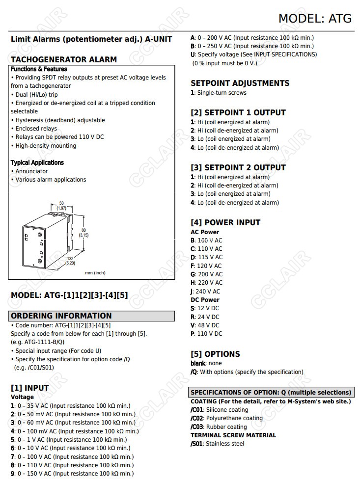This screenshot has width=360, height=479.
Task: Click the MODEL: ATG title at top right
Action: click(315, 18)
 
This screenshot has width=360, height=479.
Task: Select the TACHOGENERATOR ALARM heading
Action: click(64, 59)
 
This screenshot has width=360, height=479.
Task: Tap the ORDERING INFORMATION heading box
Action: click(91, 316)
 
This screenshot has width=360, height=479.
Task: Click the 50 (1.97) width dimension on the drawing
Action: click(61, 206)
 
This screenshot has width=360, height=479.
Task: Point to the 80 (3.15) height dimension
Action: click(84, 232)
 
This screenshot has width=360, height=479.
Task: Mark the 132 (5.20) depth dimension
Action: click(70, 261)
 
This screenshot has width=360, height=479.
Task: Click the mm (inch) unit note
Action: click(95, 273)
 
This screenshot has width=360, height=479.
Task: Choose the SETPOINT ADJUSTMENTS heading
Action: click(240, 83)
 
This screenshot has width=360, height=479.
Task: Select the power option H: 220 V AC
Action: click(206, 283)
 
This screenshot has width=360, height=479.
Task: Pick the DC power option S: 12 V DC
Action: click(205, 308)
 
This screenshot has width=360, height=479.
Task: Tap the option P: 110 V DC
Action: click(206, 334)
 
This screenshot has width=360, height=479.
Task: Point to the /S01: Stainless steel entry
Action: click(217, 444)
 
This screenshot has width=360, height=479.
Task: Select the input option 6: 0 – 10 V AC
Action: click(71, 448)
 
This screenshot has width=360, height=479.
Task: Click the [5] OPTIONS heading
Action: click(215, 354)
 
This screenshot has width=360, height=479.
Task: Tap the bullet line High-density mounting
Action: click(44, 146)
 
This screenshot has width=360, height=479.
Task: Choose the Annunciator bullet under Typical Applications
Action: click(30, 171)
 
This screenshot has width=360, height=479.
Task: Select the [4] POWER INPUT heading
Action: click(225, 222)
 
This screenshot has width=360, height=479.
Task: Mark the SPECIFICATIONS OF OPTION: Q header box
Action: click(272, 392)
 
